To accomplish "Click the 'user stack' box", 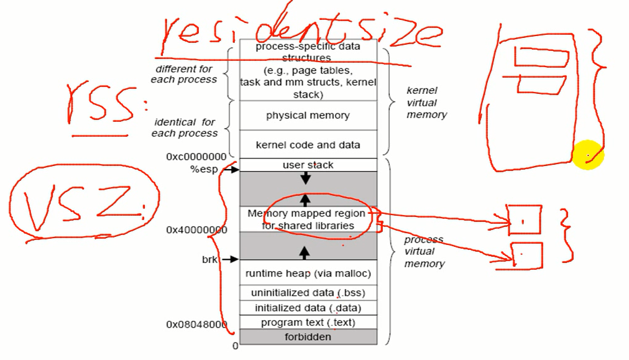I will coord(308,165).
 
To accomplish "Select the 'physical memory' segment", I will coord(308,116).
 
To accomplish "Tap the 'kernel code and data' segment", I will coord(308,145).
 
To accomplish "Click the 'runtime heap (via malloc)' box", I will coord(308,273).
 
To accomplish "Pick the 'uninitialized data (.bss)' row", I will coord(308,293).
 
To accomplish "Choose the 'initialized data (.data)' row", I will coord(308,308).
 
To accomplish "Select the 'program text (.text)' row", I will coord(308,323).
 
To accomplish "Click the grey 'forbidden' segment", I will coord(308,337).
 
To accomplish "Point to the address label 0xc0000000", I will coord(196,157).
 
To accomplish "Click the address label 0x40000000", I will coord(196,230).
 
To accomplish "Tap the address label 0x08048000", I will coord(196,324).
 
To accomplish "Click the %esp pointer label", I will coord(204,169).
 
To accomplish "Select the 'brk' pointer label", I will coord(209,259).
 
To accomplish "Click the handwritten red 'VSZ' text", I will coord(81,205).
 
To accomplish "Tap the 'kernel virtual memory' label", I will coord(426,103).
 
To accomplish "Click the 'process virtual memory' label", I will coord(424,252).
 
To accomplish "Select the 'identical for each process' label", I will coord(185,127).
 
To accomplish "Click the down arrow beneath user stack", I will coord(305,179).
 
